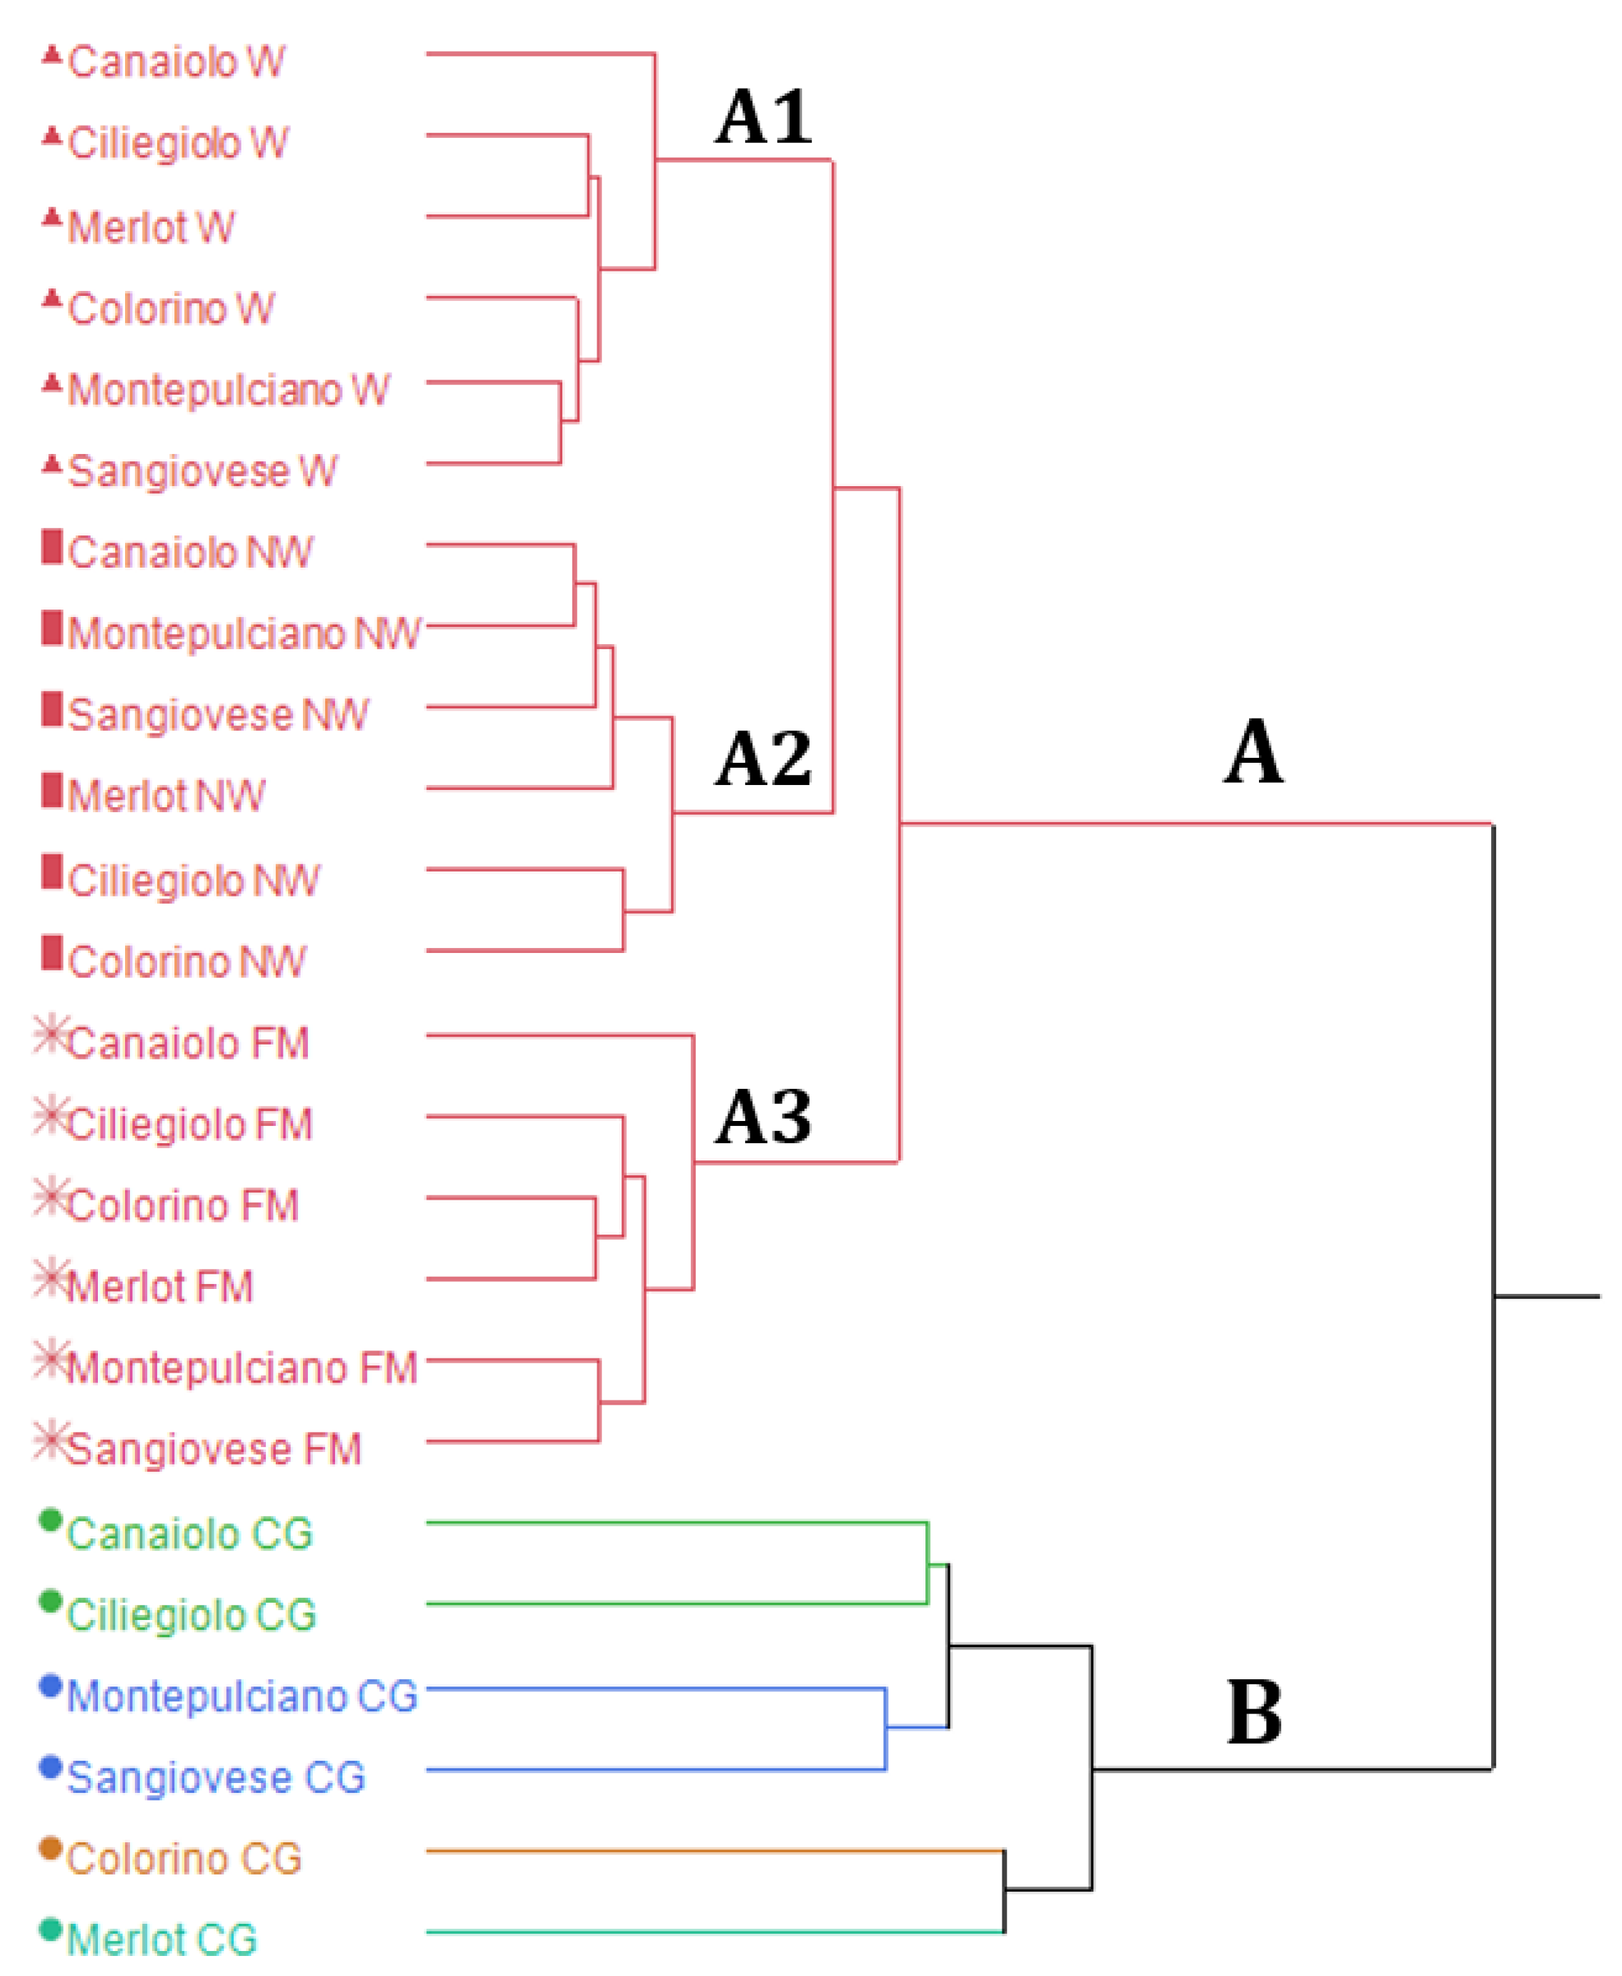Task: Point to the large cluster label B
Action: [x=1254, y=1712]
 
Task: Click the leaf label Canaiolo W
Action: [x=176, y=61]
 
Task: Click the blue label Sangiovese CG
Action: [x=216, y=1777]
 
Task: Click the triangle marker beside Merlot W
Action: [x=52, y=219]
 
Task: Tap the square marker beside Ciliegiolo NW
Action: [x=52, y=872]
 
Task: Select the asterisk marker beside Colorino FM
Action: [x=51, y=1197]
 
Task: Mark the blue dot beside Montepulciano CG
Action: [x=51, y=1686]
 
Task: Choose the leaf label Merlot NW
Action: [x=167, y=796]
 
